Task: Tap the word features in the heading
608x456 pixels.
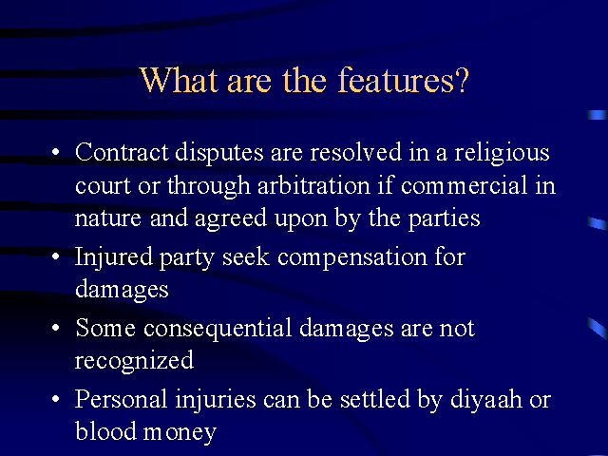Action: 395,80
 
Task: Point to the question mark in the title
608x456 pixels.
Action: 462,80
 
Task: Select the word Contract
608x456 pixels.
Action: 122,152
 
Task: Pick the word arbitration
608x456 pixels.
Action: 314,185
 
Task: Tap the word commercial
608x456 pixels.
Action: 465,185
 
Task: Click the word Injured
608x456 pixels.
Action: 114,258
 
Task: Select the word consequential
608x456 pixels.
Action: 218,329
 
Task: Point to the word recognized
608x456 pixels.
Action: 134,361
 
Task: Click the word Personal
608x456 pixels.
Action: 121,399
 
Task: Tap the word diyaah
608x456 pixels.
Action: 486,400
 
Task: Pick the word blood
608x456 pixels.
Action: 105,430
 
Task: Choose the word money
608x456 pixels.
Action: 180,433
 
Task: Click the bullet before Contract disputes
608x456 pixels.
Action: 56,151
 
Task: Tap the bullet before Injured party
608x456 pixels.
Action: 56,256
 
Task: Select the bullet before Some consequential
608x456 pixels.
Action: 56,328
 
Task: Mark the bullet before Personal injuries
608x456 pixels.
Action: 56,399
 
